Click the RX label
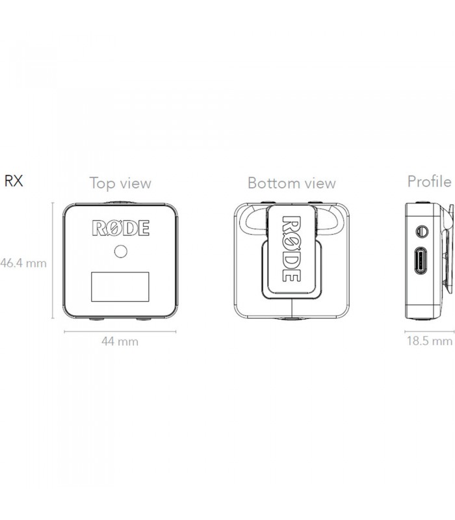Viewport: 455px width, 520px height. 14,181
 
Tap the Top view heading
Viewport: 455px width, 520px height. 120,183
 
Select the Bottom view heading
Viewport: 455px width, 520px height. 292,183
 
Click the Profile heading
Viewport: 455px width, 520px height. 429,181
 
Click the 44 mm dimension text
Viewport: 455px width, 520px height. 120,341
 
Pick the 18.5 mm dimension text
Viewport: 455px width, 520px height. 429,341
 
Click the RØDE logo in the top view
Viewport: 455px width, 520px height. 120,228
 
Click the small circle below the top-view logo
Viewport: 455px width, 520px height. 120,251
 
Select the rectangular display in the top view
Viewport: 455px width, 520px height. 120,286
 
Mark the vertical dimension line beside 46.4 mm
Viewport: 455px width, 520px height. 53,260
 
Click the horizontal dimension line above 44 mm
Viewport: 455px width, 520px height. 120,331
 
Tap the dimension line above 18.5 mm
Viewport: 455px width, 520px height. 429,331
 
